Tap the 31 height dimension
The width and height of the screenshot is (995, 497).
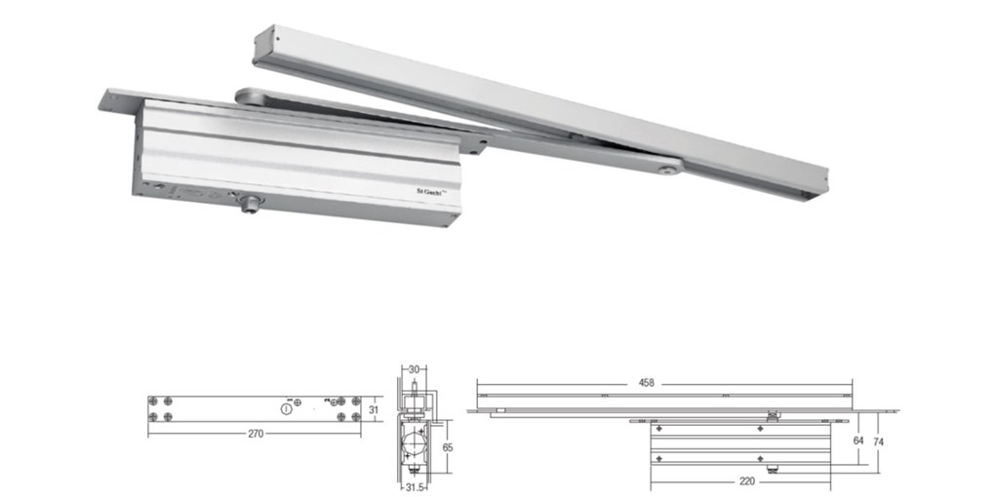(x=373, y=410)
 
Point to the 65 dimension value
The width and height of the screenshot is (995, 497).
(x=448, y=446)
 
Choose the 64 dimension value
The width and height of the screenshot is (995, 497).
(x=858, y=440)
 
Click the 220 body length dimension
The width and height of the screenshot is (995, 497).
(x=748, y=479)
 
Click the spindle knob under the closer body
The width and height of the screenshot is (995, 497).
(x=251, y=204)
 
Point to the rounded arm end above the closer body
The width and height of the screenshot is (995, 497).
(x=244, y=96)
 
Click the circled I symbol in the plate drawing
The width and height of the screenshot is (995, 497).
(x=285, y=410)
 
